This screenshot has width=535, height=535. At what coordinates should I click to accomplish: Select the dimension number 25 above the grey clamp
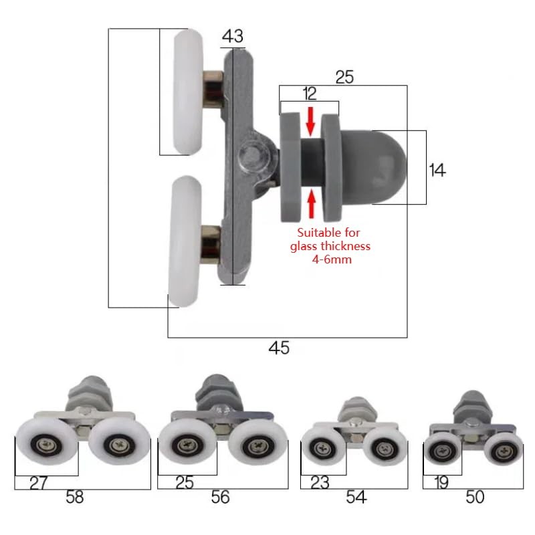(344, 77)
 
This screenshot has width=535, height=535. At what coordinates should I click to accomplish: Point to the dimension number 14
(437, 170)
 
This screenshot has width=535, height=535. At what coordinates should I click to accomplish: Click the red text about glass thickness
(329, 245)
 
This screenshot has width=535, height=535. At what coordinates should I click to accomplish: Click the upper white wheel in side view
(190, 92)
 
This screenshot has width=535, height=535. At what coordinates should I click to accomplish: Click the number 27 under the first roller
(39, 483)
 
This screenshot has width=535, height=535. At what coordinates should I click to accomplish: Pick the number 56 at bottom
(220, 497)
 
